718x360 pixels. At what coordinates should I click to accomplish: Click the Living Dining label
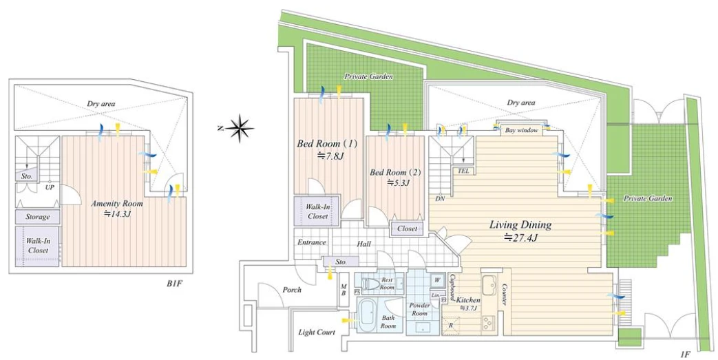pyautogui.click(x=520, y=225)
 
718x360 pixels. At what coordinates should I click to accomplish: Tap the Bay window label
pyautogui.click(x=521, y=129)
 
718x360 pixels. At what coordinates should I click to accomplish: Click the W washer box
pyautogui.click(x=436, y=279)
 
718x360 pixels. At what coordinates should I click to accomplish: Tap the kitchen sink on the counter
pyautogui.click(x=490, y=284)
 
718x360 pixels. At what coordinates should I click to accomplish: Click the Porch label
pyautogui.click(x=292, y=290)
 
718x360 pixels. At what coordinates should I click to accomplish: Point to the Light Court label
pyautogui.click(x=317, y=332)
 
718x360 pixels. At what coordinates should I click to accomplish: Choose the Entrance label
pyautogui.click(x=311, y=242)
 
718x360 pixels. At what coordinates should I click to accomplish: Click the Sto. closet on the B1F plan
pyautogui.click(x=26, y=177)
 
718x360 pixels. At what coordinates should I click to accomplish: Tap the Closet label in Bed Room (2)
pyautogui.click(x=407, y=229)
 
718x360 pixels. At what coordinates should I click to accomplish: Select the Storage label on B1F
pyautogui.click(x=38, y=217)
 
